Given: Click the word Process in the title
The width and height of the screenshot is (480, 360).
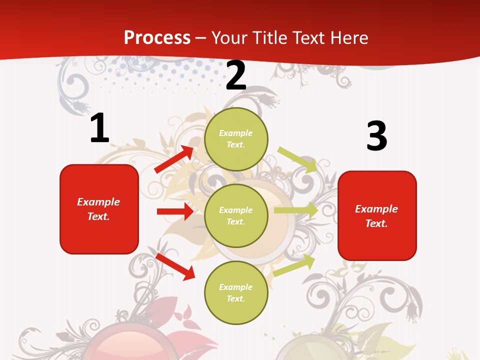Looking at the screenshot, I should click(x=157, y=38).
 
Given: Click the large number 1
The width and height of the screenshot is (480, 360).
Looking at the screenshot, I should click(x=99, y=128).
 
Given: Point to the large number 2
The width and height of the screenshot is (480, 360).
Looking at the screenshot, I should click(x=236, y=75).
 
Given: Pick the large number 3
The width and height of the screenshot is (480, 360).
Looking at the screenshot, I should click(x=376, y=136).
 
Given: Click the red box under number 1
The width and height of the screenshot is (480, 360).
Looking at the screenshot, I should click(x=99, y=209).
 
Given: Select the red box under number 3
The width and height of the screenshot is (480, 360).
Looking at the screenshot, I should click(x=377, y=215).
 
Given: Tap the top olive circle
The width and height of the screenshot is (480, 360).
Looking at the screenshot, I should click(x=236, y=139).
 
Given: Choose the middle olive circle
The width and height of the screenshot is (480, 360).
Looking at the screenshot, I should click(x=236, y=215).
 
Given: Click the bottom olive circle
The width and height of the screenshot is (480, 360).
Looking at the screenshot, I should click(x=236, y=292).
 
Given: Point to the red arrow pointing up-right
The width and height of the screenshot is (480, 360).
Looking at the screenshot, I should click(x=174, y=159).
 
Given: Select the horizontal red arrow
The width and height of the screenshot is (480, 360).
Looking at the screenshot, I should click(x=175, y=211).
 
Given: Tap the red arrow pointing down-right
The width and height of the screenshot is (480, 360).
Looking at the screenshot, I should click(x=175, y=266).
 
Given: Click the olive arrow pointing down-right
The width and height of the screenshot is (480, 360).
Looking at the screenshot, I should click(x=298, y=159).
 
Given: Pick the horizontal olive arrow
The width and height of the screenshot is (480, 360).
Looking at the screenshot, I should click(x=296, y=210).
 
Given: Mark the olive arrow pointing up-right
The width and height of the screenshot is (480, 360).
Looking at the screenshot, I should click(x=294, y=265).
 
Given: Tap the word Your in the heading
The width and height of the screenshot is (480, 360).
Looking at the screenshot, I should click(x=229, y=38).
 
